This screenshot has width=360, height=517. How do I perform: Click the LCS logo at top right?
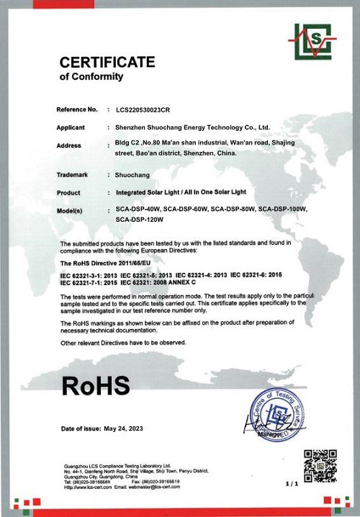315,42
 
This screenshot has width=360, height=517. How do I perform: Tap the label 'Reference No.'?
76,109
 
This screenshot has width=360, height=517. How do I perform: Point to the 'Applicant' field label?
70,127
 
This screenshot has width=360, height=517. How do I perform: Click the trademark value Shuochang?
133,174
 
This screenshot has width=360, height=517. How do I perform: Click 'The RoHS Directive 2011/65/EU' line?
105,265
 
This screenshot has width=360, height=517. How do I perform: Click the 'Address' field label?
68,145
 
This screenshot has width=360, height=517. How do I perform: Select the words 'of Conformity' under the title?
91,77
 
